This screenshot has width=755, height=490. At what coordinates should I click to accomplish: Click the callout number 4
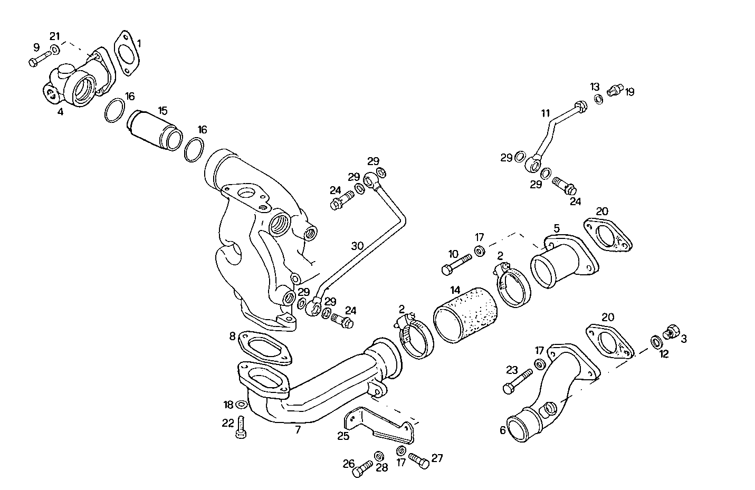(60, 112)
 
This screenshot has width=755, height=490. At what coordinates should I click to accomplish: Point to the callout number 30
(357, 246)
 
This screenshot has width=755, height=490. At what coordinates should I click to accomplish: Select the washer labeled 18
(241, 405)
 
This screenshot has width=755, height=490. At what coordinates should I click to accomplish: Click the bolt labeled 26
(361, 469)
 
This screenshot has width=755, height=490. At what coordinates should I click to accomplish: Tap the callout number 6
(502, 430)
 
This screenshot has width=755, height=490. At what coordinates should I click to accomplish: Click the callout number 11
(545, 113)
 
